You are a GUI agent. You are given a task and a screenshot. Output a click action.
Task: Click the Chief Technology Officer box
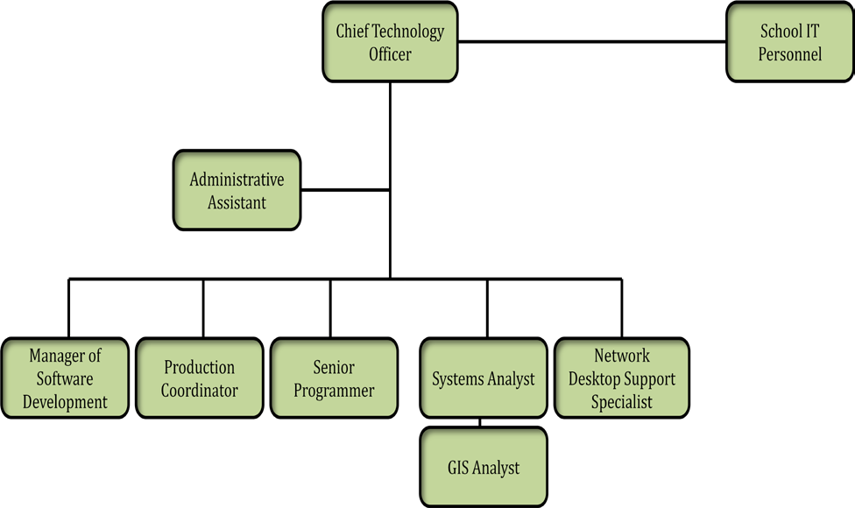pyautogui.click(x=390, y=42)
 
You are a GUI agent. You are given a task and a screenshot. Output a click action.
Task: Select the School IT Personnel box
pyautogui.click(x=790, y=42)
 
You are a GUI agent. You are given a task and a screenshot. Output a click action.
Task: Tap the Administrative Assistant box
pyautogui.click(x=237, y=190)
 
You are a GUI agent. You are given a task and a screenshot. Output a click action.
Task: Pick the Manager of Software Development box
pyautogui.click(x=65, y=378)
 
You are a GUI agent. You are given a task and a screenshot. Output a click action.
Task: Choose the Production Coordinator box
pyautogui.click(x=199, y=378)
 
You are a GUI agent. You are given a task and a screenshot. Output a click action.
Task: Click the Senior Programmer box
pyautogui.click(x=334, y=378)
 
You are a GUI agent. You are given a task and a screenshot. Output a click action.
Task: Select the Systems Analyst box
pyautogui.click(x=484, y=378)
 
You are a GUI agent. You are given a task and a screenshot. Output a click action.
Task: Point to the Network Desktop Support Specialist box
pyautogui.click(x=622, y=378)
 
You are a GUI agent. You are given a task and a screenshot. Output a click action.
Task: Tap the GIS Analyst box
pyautogui.click(x=484, y=467)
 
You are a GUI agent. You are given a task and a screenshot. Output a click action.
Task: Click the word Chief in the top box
pyautogui.click(x=352, y=32)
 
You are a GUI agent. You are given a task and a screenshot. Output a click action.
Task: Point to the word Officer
pyautogui.click(x=390, y=54)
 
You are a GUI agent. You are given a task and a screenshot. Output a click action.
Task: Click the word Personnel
pyautogui.click(x=790, y=54)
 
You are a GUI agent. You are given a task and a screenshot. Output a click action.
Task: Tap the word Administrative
pyautogui.click(x=237, y=180)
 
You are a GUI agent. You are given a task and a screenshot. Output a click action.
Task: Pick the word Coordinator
pyautogui.click(x=199, y=391)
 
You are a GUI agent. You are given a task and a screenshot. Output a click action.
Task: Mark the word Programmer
pyautogui.click(x=334, y=391)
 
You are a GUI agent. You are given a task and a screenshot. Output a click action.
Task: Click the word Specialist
pyautogui.click(x=622, y=402)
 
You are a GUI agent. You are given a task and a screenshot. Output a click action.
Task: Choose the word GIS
pyautogui.click(x=459, y=467)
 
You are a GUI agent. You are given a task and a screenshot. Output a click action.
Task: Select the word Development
pyautogui.click(x=65, y=402)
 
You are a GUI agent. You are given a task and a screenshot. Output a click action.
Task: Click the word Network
pyautogui.click(x=622, y=356)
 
